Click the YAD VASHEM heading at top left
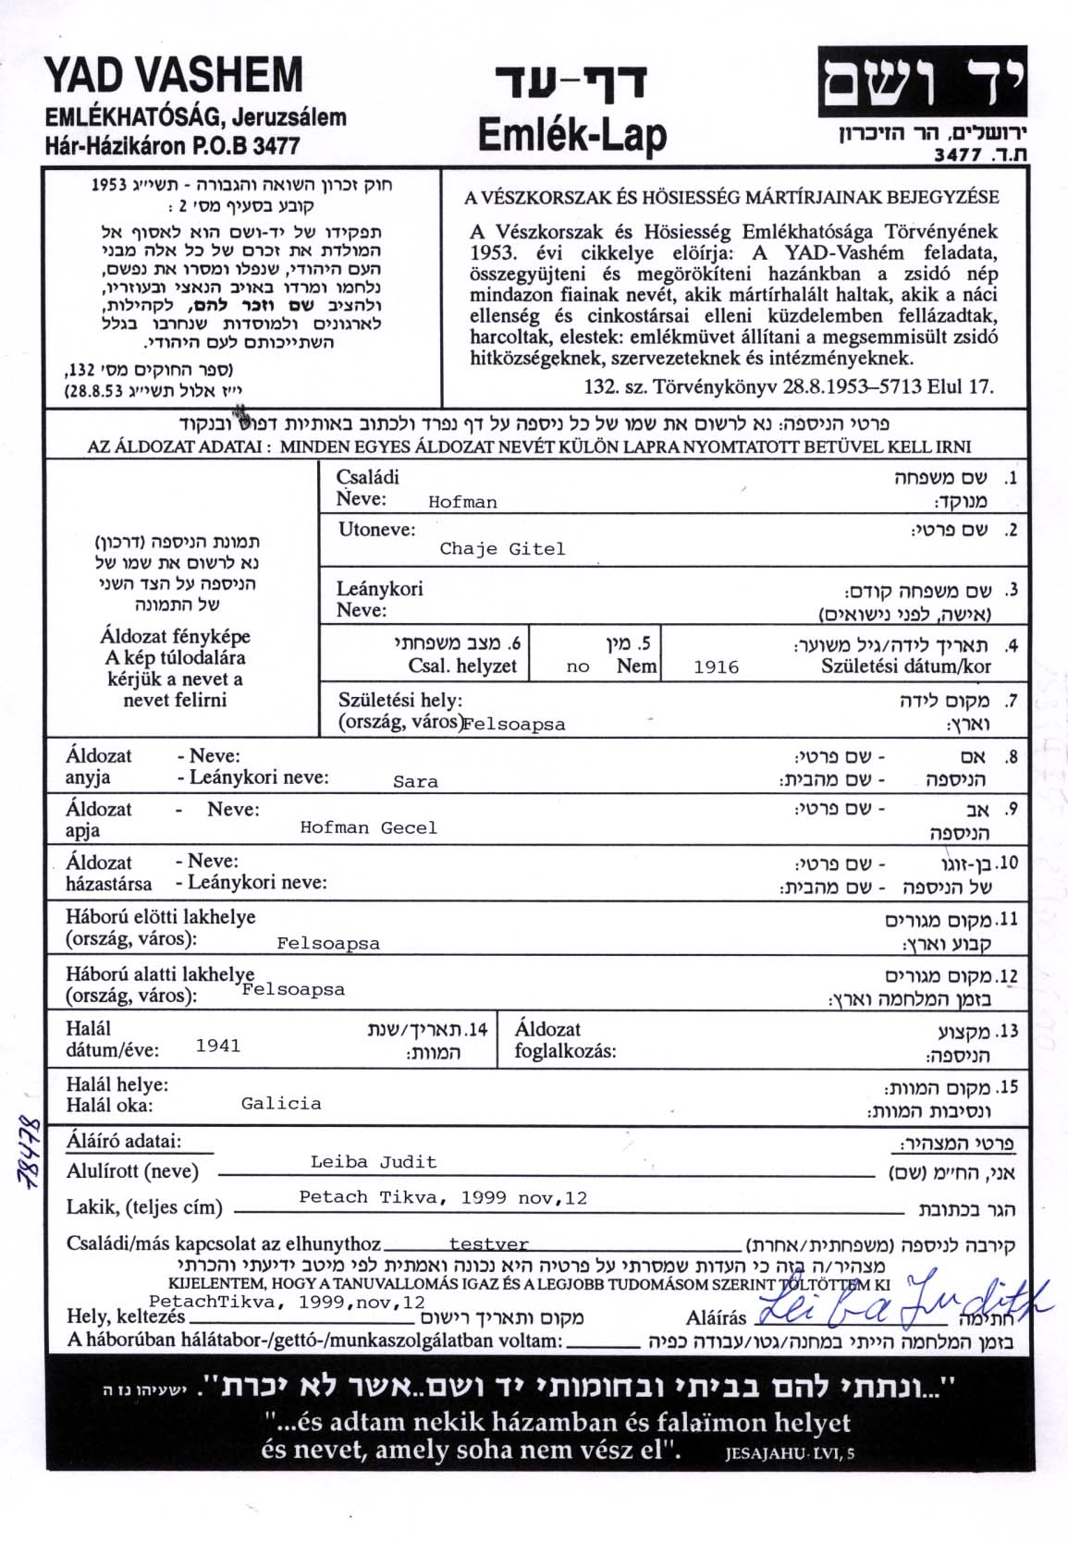pyautogui.click(x=173, y=76)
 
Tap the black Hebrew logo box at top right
pyautogui.click(x=922, y=81)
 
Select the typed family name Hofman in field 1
pyautogui.click(x=462, y=503)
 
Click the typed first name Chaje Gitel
pyautogui.click(x=502, y=549)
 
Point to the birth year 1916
pyautogui.click(x=716, y=667)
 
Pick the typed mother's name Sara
pyautogui.click(x=415, y=782)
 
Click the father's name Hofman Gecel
pyautogui.click(x=368, y=828)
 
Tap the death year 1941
pyautogui.click(x=218, y=1046)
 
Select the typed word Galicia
pyautogui.click(x=281, y=1104)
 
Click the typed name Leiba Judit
pyautogui.click(x=374, y=1162)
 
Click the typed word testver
pyautogui.click(x=488, y=1245)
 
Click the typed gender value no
pyautogui.click(x=578, y=667)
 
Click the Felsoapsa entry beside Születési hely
pyautogui.click(x=513, y=725)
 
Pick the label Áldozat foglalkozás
pyautogui.click(x=565, y=1040)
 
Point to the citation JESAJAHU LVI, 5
pyautogui.click(x=790, y=1453)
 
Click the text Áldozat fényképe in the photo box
pyautogui.click(x=175, y=636)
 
